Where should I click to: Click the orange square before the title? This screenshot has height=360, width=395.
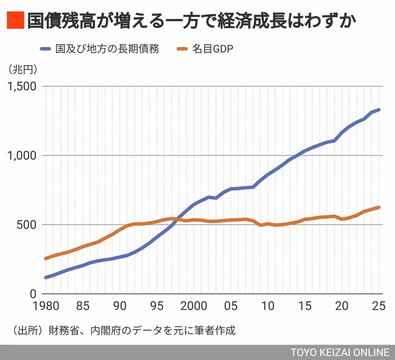click(x=15, y=21)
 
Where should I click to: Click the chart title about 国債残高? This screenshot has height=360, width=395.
click(x=193, y=21)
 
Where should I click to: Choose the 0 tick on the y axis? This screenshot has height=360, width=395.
click(x=32, y=294)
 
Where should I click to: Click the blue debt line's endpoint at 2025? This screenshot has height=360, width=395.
click(x=379, y=109)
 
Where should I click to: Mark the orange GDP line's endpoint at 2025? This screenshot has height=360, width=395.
click(x=379, y=207)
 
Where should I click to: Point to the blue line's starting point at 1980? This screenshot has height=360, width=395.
click(x=45, y=277)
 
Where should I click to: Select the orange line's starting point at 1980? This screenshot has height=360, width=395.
click(x=45, y=258)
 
